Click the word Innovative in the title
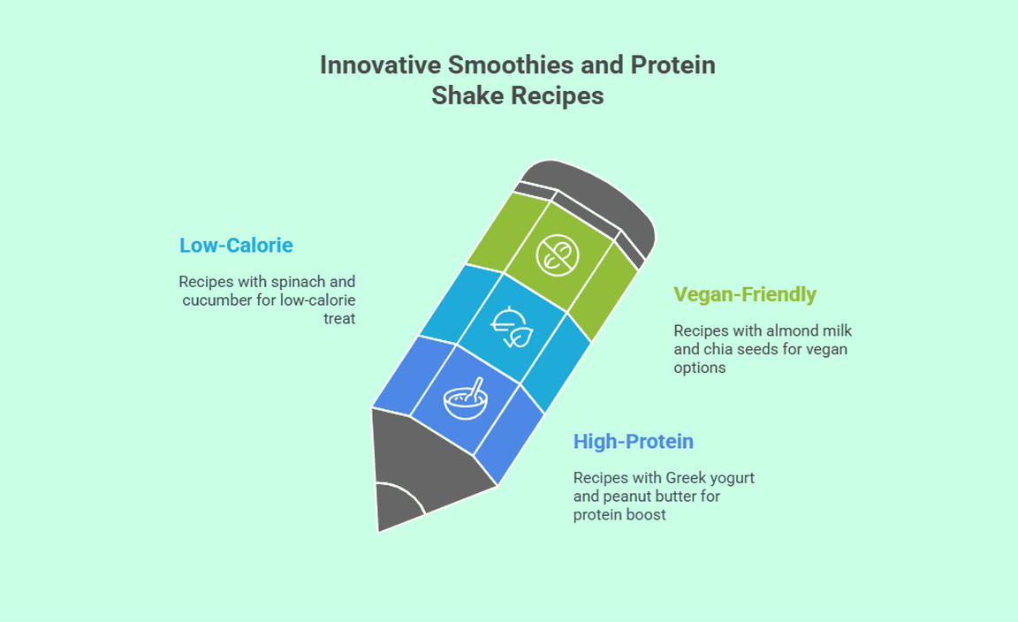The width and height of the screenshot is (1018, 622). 381,64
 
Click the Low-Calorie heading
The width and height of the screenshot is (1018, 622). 236,246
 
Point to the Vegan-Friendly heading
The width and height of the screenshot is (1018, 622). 745,294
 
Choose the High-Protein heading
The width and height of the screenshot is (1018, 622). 633,442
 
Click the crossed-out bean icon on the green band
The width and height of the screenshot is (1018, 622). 557,255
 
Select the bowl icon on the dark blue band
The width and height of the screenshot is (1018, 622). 466,398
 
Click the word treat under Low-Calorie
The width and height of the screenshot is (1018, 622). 339,319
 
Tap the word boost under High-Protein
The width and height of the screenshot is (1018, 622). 648,515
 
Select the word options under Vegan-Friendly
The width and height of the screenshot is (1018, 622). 700,368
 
